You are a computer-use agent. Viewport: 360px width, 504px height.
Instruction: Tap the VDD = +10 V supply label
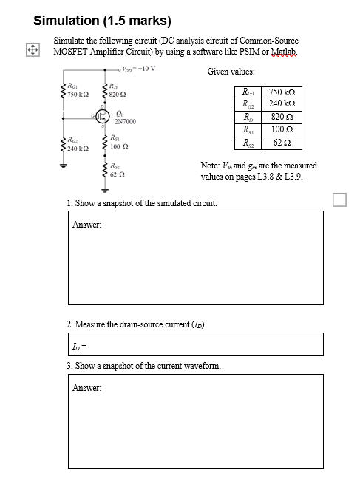tap(138, 69)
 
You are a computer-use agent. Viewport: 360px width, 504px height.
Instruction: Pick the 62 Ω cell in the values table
tap(281, 142)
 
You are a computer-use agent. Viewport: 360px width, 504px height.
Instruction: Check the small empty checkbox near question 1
tap(339, 199)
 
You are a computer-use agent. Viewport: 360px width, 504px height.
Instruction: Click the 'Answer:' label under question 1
tap(86, 225)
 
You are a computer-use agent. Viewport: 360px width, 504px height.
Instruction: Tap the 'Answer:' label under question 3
tap(86, 387)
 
